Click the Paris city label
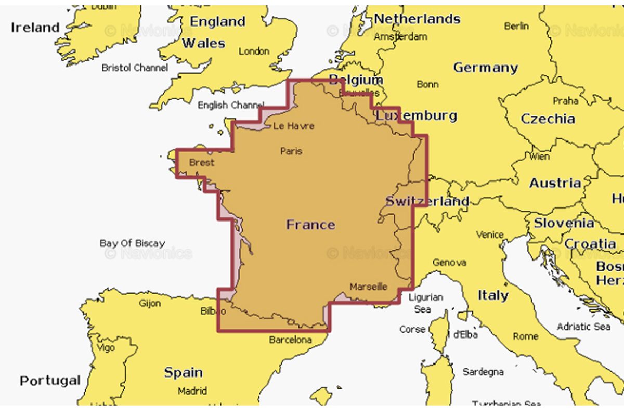pos(291,151)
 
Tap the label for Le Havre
pos(294,126)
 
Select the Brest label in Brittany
pos(202,163)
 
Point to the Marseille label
pos(369,287)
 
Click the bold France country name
pos(310,225)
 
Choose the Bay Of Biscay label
pos(132,243)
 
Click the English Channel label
pos(227,105)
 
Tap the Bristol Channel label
pos(135,68)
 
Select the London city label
pos(254,51)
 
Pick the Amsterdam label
pos(400,36)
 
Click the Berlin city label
pos(516,26)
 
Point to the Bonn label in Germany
pos(427,84)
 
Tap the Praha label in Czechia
pos(565,101)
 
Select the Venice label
pos(490,235)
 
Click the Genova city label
pos(449,263)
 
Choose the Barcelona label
pos(291,340)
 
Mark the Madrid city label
pos(192,391)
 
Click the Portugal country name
pos(50,381)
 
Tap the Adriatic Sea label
pos(583,327)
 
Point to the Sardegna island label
pos(483,372)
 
